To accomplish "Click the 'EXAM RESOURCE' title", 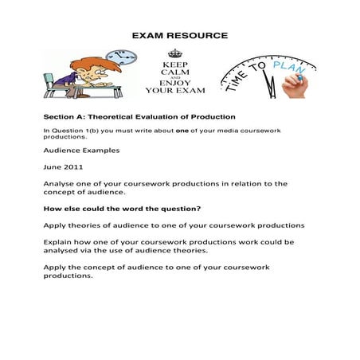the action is click(x=179, y=36).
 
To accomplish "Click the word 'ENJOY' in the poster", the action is click(x=179, y=82).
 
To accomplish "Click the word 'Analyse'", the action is click(x=59, y=184).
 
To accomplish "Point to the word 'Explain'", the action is click(x=58, y=241).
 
